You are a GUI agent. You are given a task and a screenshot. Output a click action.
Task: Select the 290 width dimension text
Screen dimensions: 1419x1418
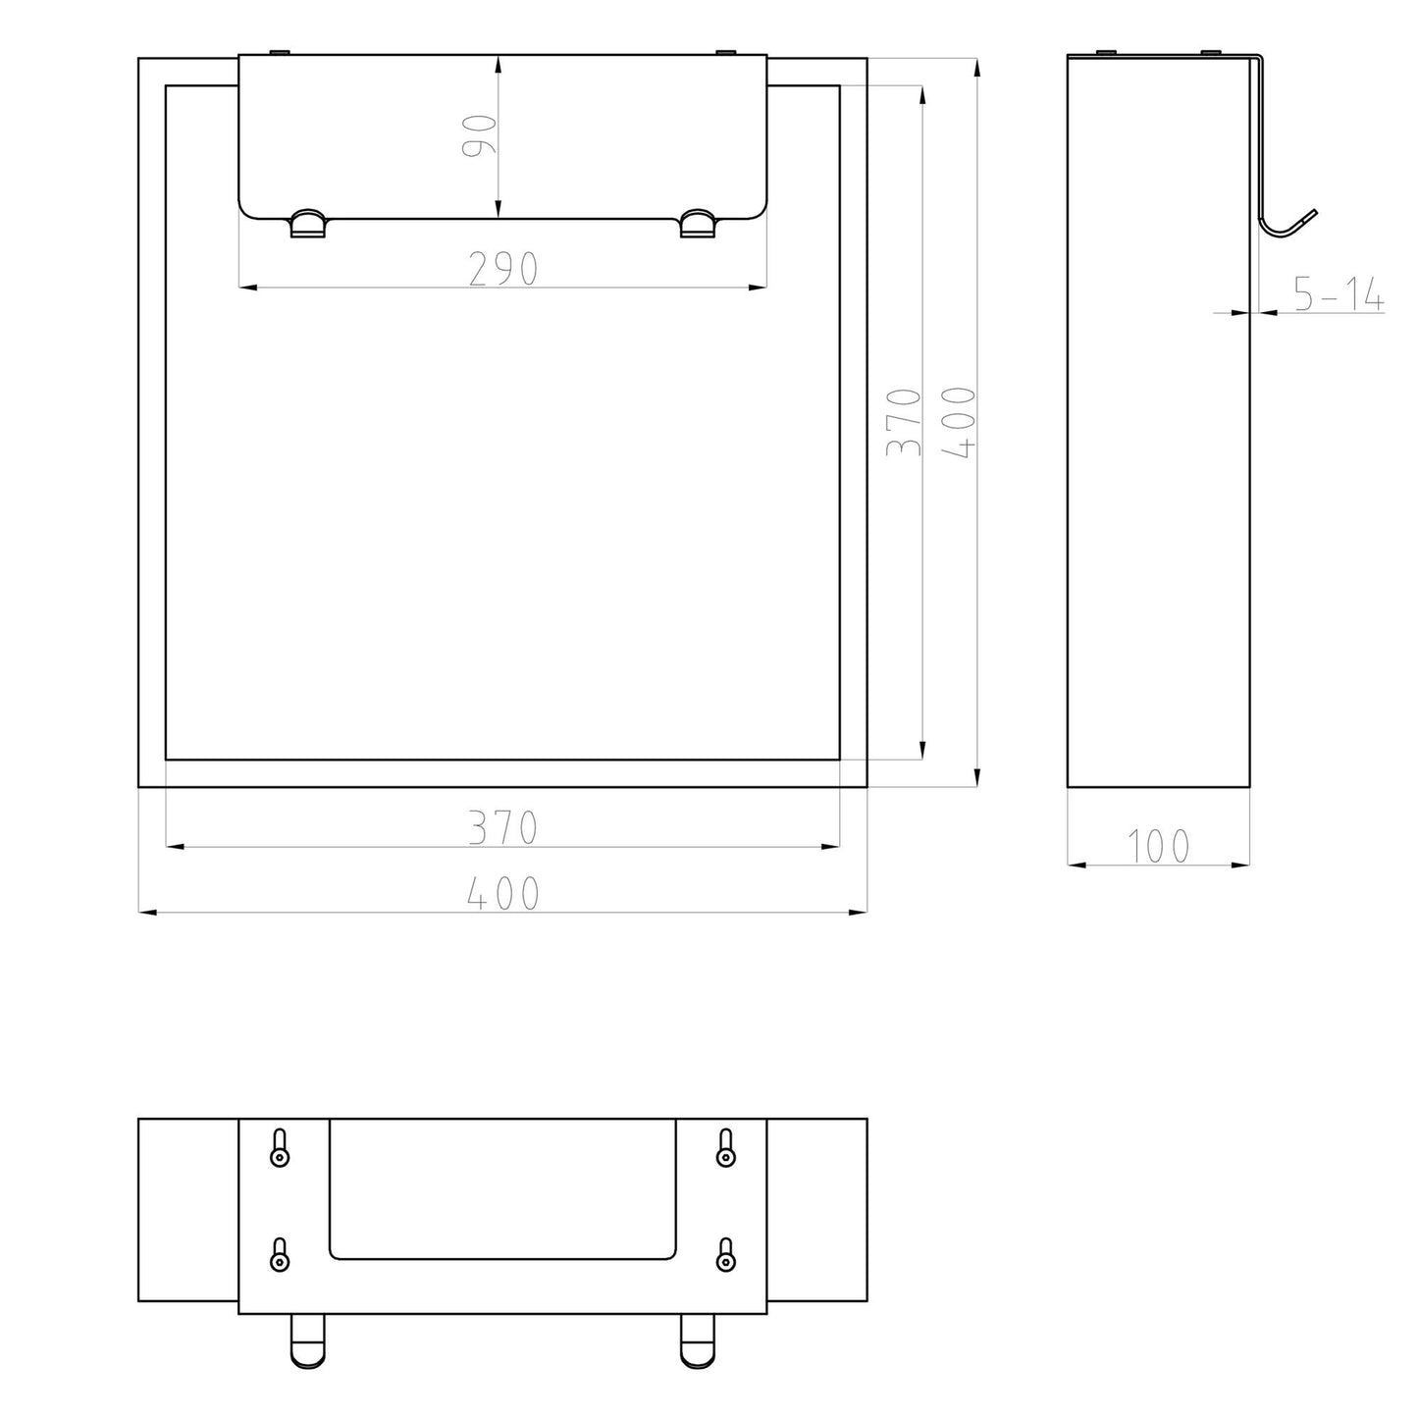(502, 269)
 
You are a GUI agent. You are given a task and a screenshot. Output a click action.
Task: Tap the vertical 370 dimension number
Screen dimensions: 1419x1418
(904, 422)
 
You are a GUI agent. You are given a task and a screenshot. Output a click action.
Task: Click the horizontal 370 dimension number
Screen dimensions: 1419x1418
(502, 827)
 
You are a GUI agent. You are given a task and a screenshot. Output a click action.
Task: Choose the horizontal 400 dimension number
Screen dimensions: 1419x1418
(502, 894)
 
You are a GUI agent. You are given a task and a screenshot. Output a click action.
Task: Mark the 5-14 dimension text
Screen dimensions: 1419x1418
(1338, 294)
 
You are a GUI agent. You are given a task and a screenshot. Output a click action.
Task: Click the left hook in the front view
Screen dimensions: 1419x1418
(307, 224)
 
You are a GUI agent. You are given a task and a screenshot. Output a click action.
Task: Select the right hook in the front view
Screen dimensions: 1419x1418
(698, 224)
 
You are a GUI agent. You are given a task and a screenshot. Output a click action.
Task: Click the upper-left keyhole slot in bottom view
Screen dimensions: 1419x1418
(280, 1147)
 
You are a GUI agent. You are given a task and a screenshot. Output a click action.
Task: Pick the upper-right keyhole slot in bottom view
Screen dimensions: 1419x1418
(725, 1147)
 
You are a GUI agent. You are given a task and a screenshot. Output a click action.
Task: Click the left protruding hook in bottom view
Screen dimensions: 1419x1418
(307, 1340)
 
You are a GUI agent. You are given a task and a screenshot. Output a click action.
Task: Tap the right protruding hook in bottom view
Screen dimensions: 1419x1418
(698, 1340)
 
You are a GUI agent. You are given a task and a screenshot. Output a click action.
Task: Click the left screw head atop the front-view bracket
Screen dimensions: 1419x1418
(280, 51)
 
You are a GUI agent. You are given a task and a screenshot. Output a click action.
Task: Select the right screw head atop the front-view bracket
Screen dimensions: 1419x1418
(725, 51)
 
